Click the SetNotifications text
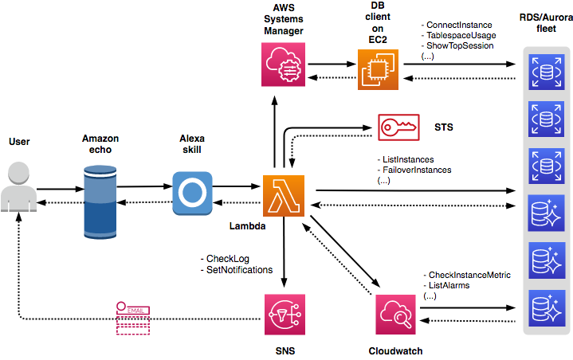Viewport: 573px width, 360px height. [x=239, y=270]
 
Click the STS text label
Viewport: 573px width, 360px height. [x=445, y=127]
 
